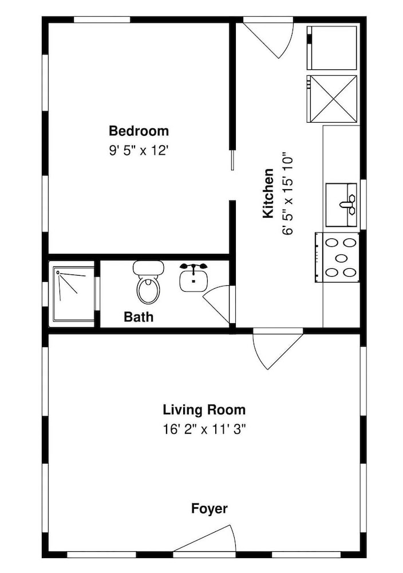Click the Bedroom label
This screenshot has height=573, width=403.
tap(139, 131)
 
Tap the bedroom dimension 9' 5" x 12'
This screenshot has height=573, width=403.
tap(139, 150)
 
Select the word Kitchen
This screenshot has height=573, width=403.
tap(268, 193)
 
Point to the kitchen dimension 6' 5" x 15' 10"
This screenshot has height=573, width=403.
tap(287, 194)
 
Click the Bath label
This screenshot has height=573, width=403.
tap(139, 316)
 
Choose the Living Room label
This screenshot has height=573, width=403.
tap(204, 410)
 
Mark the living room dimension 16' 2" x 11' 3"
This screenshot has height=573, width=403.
tap(204, 429)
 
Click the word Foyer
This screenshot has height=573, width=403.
tap(209, 509)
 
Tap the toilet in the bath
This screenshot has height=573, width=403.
tap(148, 282)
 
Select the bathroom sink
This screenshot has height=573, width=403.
tap(193, 278)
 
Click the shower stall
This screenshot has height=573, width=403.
tap(74, 294)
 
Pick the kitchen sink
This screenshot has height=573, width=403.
tap(341, 205)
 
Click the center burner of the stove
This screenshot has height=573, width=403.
tap(341, 258)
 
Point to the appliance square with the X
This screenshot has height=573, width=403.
tap(332, 99)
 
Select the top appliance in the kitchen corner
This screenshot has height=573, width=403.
tap(332, 48)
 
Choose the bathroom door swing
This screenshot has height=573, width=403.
tap(217, 304)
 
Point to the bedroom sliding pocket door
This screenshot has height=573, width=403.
tap(232, 160)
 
